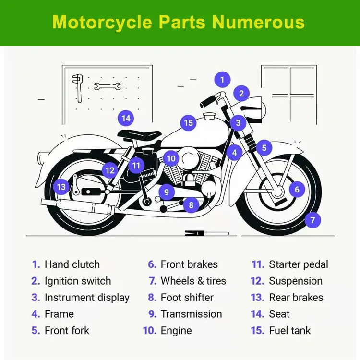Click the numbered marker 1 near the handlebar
(222, 79)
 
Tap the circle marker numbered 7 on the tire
(312, 220)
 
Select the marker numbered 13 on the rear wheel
(61, 187)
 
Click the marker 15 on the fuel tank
(189, 123)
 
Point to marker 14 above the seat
(126, 118)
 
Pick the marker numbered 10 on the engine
(171, 158)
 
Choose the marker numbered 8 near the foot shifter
(191, 205)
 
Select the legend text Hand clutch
(72, 264)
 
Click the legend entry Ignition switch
(77, 281)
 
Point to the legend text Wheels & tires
(193, 281)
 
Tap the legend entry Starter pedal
(299, 264)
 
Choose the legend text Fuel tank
(289, 331)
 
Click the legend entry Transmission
(191, 314)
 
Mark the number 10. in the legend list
(150, 331)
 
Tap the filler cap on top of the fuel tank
(209, 116)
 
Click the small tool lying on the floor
(201, 233)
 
